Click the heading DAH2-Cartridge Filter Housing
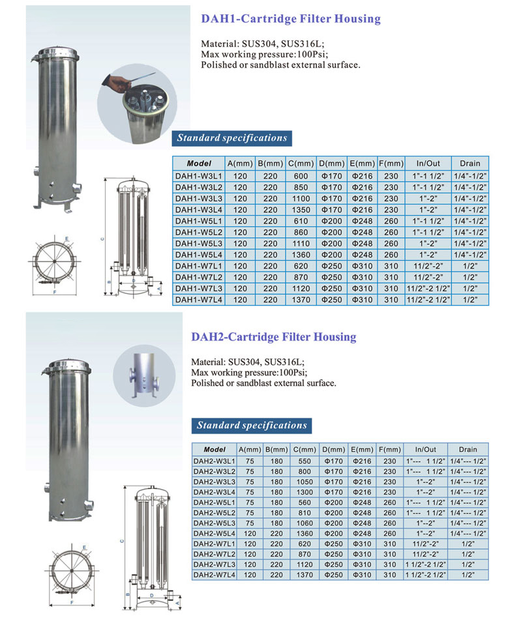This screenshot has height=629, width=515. [x=273, y=337]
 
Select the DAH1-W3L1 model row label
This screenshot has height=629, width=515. [x=199, y=176]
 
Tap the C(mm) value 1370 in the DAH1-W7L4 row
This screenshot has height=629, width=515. [x=301, y=299]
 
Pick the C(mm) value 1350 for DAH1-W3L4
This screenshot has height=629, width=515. [x=301, y=210]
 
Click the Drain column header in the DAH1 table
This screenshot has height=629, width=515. [x=469, y=163]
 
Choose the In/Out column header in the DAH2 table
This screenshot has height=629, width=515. [x=426, y=450]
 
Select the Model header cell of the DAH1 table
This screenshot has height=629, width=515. [x=199, y=163]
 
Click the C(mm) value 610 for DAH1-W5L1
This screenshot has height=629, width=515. [x=301, y=221]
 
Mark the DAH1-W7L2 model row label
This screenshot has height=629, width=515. [x=199, y=277]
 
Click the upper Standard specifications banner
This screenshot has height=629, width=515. [x=232, y=138]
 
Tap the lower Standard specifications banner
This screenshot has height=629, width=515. [x=251, y=426]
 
